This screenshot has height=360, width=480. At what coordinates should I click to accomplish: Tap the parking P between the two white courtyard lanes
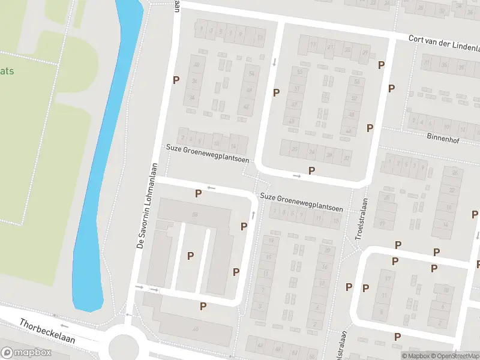click(190, 256)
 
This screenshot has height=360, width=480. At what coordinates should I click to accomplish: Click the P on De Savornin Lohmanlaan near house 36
click(176, 80)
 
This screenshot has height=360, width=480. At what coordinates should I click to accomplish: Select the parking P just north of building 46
click(203, 306)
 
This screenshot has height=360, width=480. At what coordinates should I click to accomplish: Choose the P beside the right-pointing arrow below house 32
click(311, 170)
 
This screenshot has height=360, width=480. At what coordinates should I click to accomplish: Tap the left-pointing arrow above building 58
click(211, 188)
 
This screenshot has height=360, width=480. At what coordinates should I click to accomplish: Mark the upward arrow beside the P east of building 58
click(254, 214)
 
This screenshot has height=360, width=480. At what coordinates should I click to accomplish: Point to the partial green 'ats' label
click(7, 71)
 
